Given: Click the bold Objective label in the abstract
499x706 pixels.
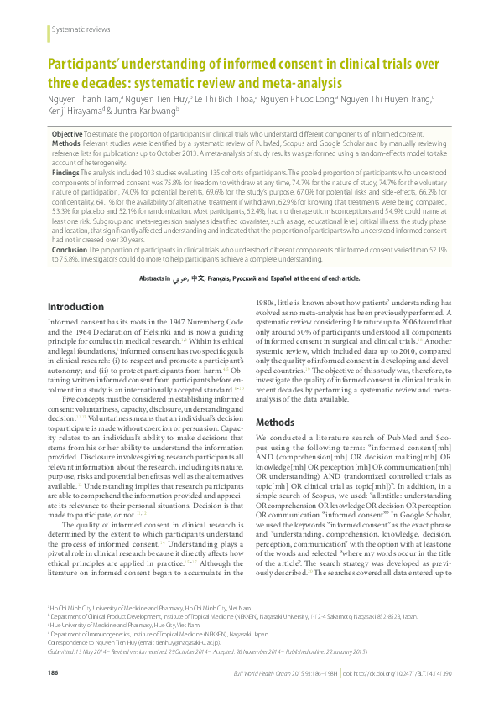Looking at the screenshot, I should (67, 134).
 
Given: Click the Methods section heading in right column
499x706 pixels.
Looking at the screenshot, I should (275, 423).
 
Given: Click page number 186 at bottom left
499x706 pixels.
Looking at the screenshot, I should (53, 673).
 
